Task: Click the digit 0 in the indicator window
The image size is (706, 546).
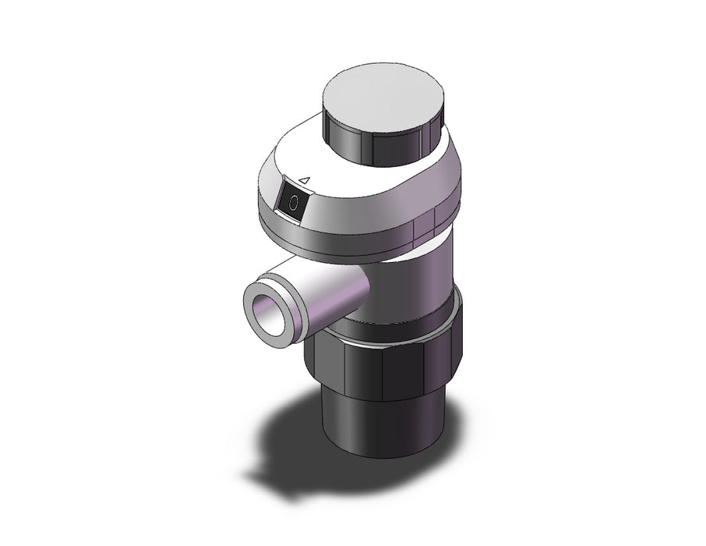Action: [x=294, y=203]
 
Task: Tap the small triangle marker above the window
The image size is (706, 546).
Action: [x=305, y=181]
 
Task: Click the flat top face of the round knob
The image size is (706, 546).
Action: [x=384, y=96]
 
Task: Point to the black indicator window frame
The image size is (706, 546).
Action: [x=294, y=203]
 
